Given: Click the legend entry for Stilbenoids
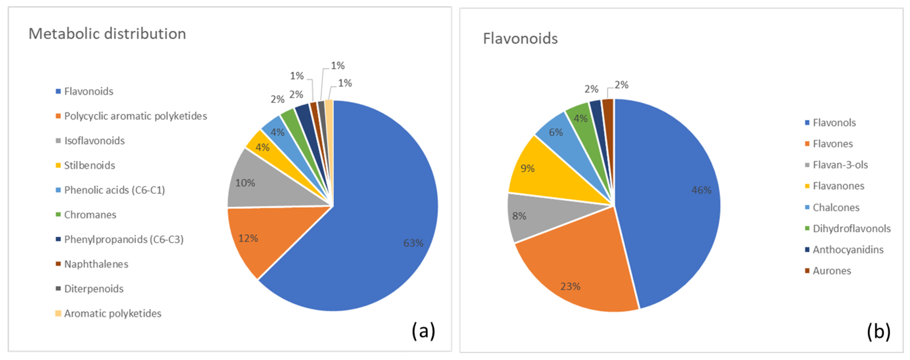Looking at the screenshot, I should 89,165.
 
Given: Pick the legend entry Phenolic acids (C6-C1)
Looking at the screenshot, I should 114,190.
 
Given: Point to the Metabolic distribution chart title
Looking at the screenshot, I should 107,34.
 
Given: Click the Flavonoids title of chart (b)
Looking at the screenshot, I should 520,38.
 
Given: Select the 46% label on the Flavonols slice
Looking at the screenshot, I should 701,190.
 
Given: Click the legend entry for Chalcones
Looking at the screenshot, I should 836,207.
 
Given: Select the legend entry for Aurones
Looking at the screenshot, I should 832,271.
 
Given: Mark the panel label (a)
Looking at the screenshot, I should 423,331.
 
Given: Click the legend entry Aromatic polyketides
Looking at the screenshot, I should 112,313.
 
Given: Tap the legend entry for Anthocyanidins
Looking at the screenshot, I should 848,249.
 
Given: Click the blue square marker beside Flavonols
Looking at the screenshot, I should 807,123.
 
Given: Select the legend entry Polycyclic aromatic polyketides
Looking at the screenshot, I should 135,116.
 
